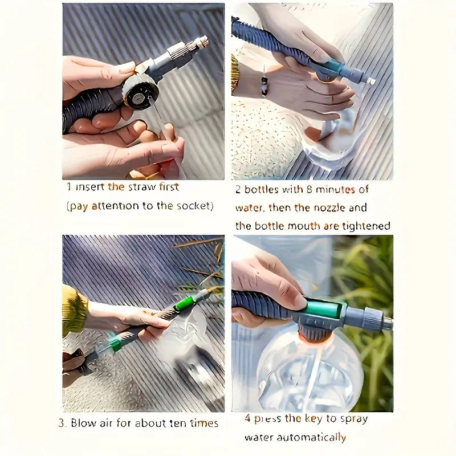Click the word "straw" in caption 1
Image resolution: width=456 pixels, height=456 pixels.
click(142, 187)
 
